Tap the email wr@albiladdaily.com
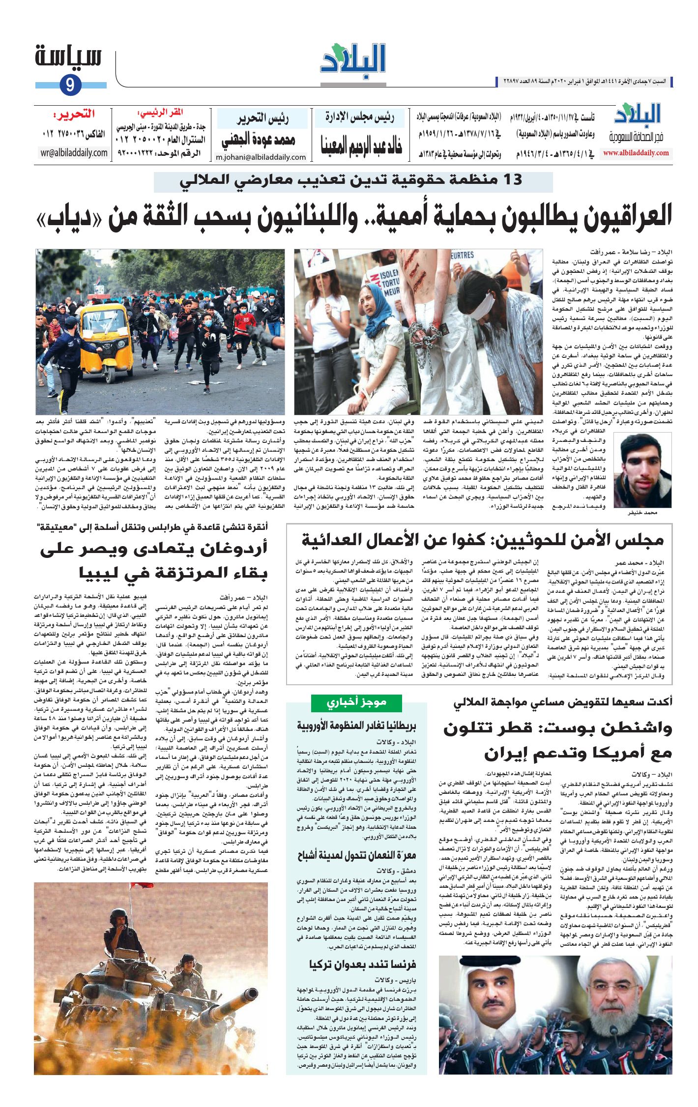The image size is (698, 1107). [74, 152]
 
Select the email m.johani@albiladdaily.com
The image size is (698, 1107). [261, 157]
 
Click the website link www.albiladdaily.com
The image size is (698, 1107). [636, 153]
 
